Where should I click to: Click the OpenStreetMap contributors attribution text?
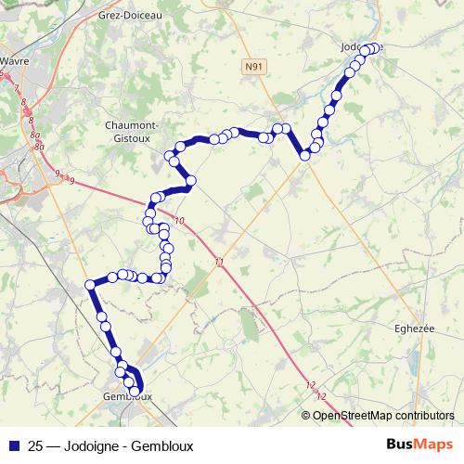tap(383, 415)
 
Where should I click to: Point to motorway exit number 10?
tap(179, 220)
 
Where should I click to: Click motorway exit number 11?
tap(218, 263)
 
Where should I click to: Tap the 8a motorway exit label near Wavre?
tap(35, 135)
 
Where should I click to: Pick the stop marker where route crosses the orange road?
tap(304, 155)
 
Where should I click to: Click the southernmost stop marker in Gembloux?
tap(139, 391)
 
